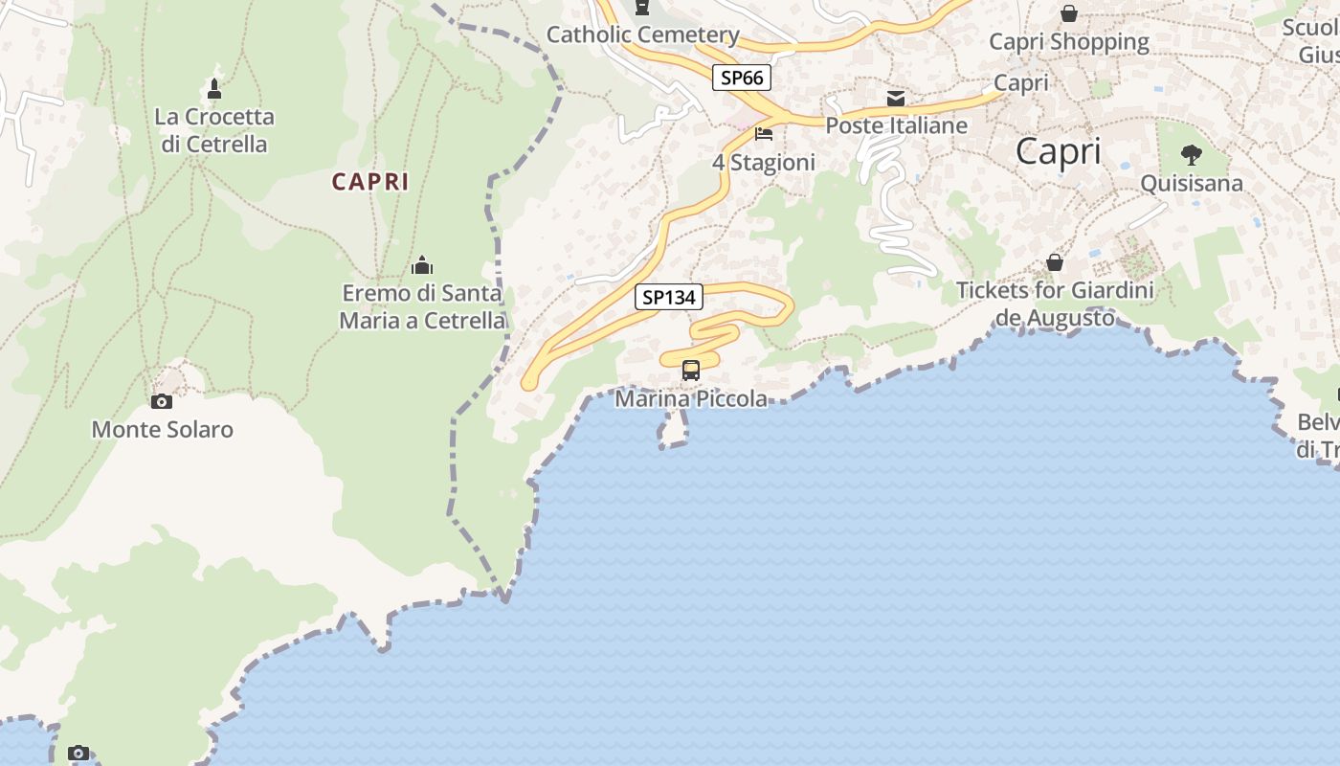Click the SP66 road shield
[x=741, y=78]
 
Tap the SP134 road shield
[x=668, y=297]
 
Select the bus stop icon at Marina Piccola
[x=690, y=370]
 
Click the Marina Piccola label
[x=691, y=398]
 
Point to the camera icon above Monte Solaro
[x=162, y=401]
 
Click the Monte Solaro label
[x=162, y=429]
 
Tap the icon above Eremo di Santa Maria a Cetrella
[x=422, y=265]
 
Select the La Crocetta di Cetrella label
[x=214, y=130]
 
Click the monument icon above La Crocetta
[x=214, y=89]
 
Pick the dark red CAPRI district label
[x=370, y=181]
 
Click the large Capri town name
[x=1058, y=151]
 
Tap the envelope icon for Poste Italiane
[x=896, y=98]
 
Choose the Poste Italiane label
[x=896, y=125]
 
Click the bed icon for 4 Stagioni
[x=764, y=133]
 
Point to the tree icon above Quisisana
[x=1192, y=154]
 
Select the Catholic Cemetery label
[x=642, y=35]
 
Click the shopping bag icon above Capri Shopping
[x=1068, y=13]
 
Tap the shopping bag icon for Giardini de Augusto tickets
[x=1055, y=261]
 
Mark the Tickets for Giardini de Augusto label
[x=1055, y=304]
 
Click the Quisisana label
[x=1192, y=183]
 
